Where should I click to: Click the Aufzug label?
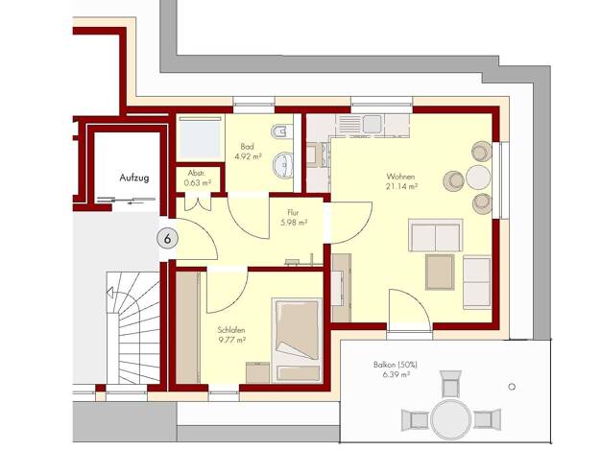pos(134,178)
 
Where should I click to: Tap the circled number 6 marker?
pos(167,239)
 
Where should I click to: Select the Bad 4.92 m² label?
pos(248,152)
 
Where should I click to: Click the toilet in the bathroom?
pos(281,131)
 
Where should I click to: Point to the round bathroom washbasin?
pos(283,165)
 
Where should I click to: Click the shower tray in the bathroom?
pos(200,138)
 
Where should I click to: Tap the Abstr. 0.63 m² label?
pos(197,178)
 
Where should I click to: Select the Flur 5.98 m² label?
pos(294,217)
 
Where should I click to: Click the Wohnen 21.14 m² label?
pos(401,181)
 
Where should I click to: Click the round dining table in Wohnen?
pos(478,177)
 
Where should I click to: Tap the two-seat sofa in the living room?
pos(436,235)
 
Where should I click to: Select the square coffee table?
pos(440,273)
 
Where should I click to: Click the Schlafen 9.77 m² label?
pos(231,335)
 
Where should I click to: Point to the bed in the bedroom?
pos(297,340)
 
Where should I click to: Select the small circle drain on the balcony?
pos(512,387)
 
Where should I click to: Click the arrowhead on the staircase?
pos(110,293)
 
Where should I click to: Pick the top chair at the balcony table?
pos(450,384)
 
